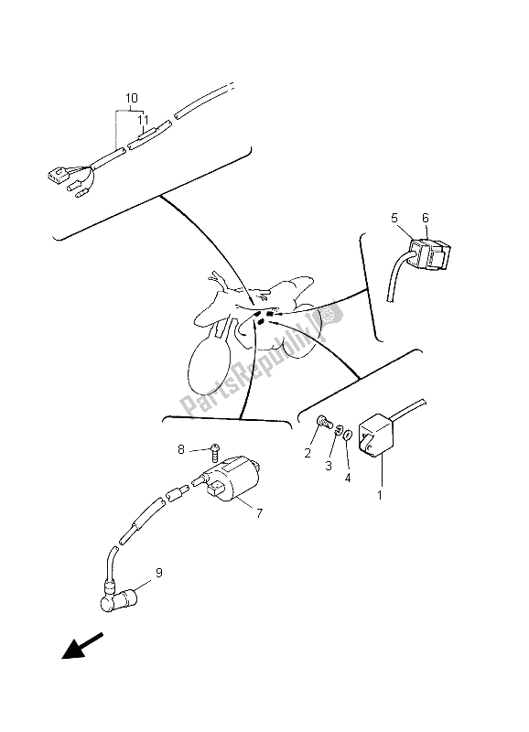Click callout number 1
tap(380, 495)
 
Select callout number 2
tap(308, 453)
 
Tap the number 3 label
tap(329, 466)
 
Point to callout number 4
tap(348, 478)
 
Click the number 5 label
tap(394, 218)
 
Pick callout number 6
tap(425, 218)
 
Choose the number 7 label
tap(259, 513)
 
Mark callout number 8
tap(180, 449)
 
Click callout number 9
tap(158, 573)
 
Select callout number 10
tap(131, 98)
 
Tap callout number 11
tap(143, 121)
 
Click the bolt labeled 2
tap(324, 422)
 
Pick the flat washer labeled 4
tap(348, 436)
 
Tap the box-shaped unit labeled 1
tap(376, 437)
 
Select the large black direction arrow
tap(82, 646)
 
